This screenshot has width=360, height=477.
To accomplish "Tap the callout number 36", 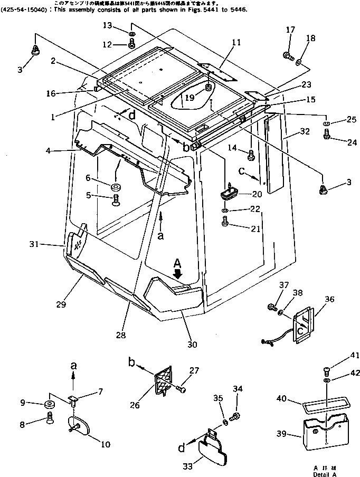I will pyautogui.click(x=329, y=299).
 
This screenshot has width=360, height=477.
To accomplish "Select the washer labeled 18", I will pyautogui.click(x=299, y=63).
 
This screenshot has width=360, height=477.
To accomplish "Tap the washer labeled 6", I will pyautogui.click(x=115, y=187).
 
